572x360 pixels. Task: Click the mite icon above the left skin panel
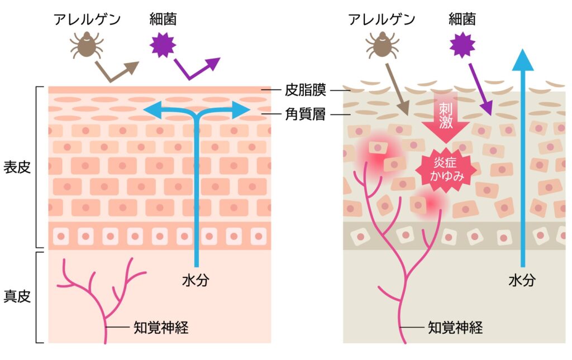[86, 45]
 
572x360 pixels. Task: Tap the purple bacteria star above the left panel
[163, 44]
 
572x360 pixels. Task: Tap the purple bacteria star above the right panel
[462, 44]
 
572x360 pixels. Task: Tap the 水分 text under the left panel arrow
[196, 280]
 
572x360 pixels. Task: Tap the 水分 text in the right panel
[522, 280]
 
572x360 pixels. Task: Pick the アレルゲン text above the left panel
[87, 19]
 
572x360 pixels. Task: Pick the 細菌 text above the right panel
[463, 19]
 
